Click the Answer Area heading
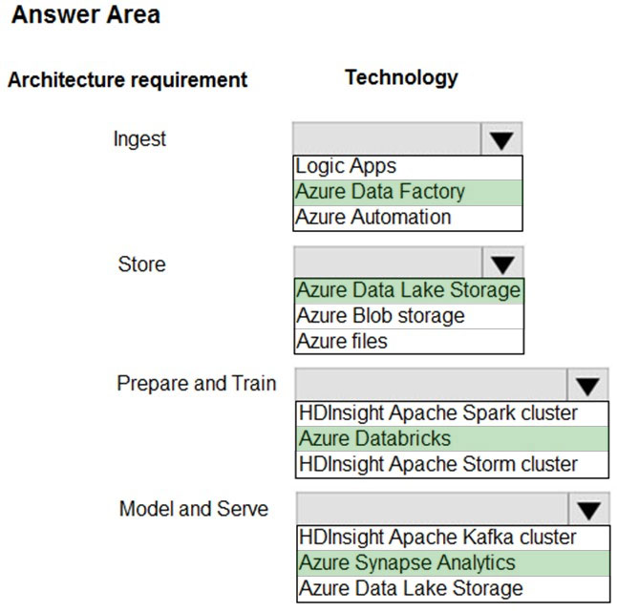86,15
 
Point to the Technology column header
402,78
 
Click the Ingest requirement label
139,139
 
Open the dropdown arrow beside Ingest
501,140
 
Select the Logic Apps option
346,166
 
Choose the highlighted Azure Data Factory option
380,192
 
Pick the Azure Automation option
373,217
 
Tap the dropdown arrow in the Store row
503,264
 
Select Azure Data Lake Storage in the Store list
409,290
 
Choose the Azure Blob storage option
380,316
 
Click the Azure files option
342,341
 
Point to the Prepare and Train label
197,384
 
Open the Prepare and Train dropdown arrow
588,386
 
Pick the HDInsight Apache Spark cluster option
438,413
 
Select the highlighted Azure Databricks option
374,438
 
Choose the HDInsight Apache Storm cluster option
438,464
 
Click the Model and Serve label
194,509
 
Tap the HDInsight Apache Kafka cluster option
437,538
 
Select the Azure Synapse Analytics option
407,563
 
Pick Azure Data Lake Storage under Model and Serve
411,588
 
